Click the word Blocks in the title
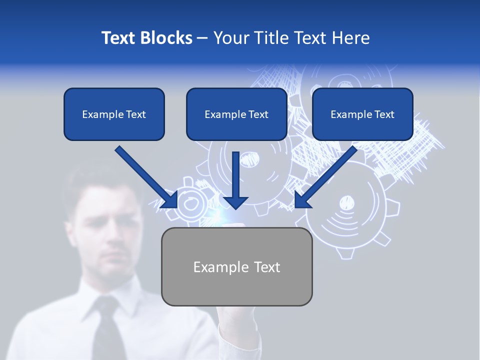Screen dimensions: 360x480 166,38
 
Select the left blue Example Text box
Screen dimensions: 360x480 114,114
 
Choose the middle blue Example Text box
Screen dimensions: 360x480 236,114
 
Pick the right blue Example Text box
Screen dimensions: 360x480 362,114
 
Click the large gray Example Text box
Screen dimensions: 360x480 237,266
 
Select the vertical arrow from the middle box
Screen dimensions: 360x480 235,180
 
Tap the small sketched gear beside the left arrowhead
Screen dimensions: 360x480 190,203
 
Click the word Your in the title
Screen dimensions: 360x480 231,38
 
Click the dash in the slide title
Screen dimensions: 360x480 202,38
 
